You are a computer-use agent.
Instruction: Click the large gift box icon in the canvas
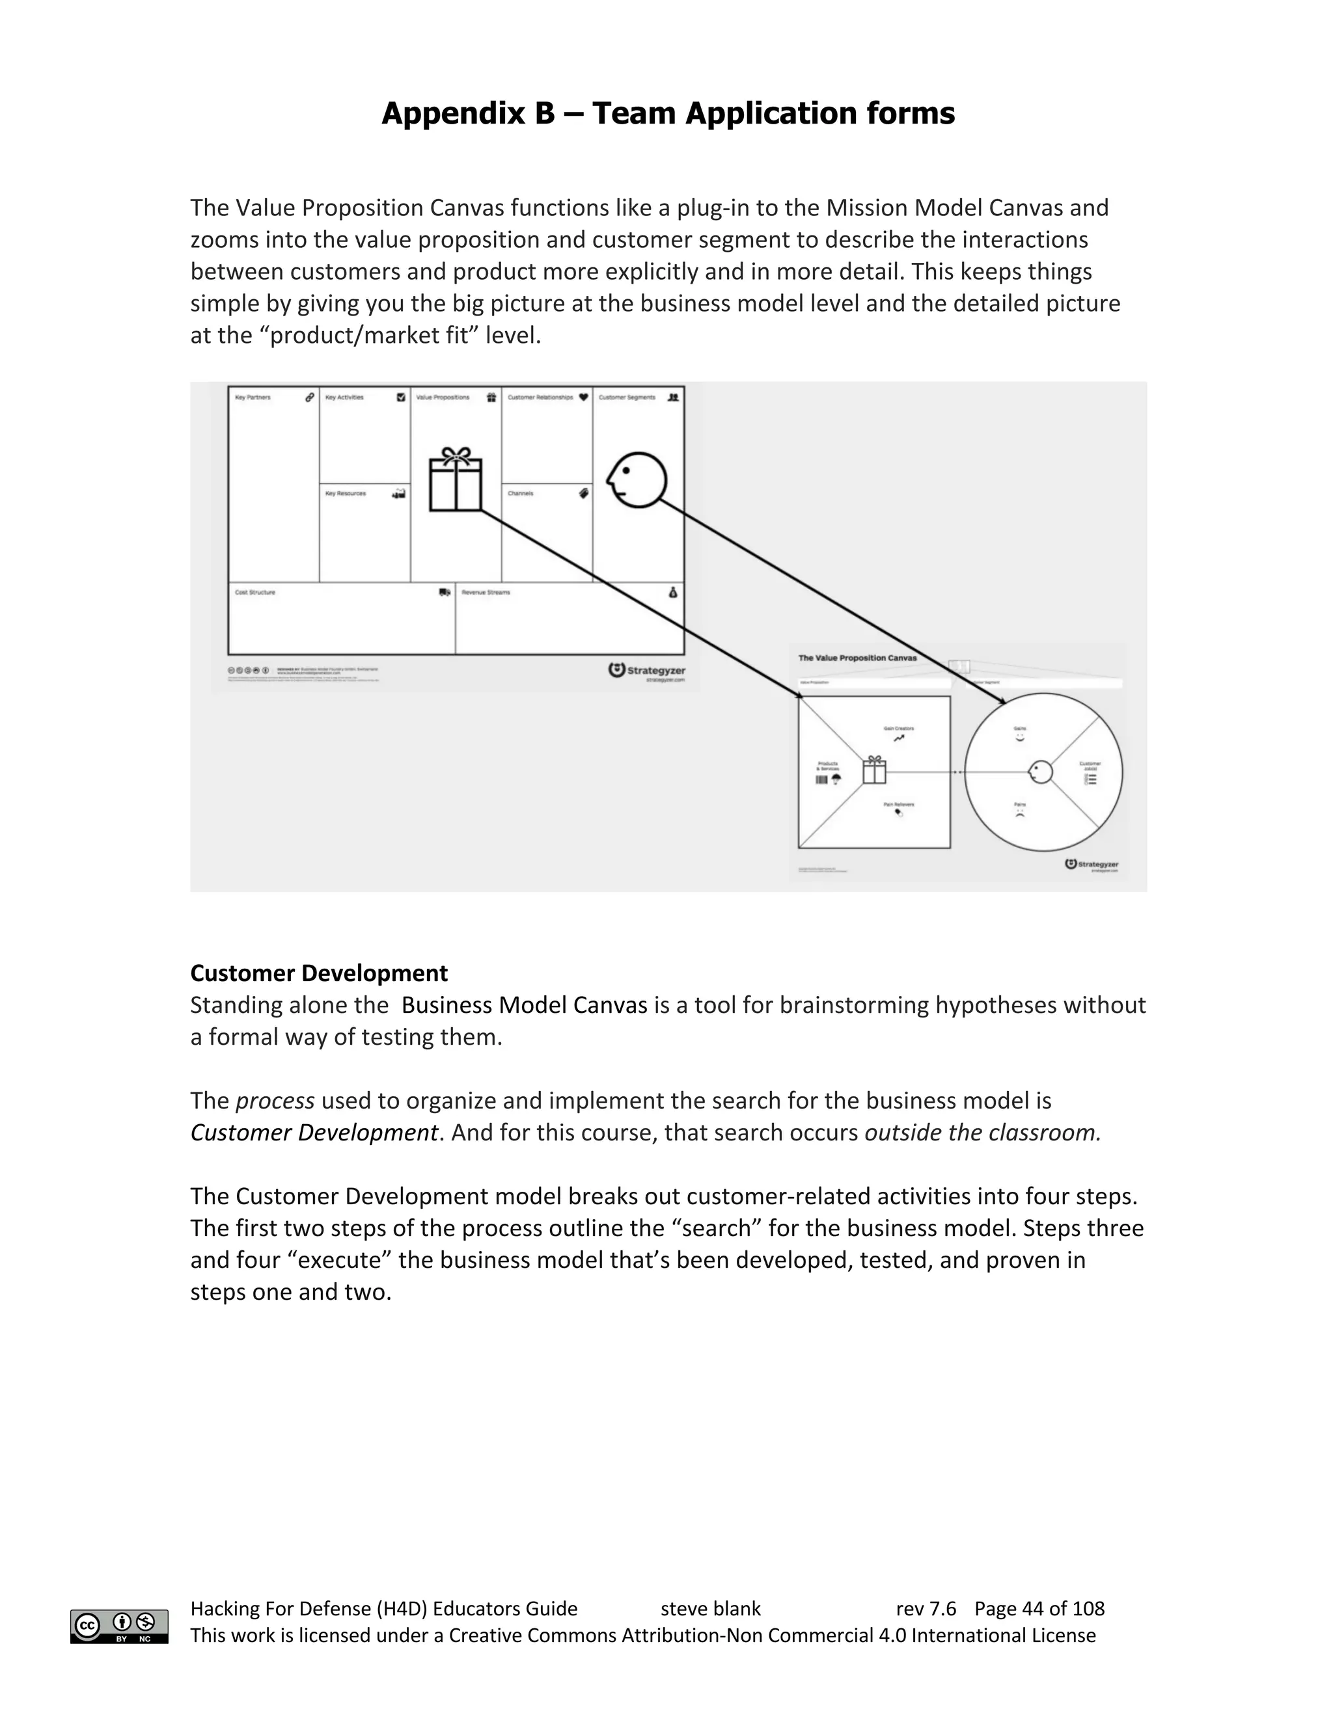[x=455, y=479]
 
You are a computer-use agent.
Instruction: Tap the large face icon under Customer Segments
[x=637, y=479]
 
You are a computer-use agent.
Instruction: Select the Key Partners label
[x=253, y=397]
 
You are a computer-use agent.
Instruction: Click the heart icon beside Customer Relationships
[x=584, y=397]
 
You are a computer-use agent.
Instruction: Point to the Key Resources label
[x=345, y=493]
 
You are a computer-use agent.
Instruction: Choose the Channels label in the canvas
[x=521, y=493]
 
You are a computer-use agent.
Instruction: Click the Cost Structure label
[x=255, y=592]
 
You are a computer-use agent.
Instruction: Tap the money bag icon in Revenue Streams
[x=673, y=592]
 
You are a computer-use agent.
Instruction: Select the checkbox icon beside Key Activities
[x=401, y=397]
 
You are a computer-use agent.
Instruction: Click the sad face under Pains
[x=1019, y=813]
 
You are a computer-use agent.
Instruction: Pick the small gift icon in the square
[x=874, y=770]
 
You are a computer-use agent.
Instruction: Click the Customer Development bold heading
[x=319, y=973]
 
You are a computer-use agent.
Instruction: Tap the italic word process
[x=275, y=1100]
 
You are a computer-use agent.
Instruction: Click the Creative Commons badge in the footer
[x=119, y=1626]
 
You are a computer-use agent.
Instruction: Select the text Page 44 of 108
[x=1039, y=1609]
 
